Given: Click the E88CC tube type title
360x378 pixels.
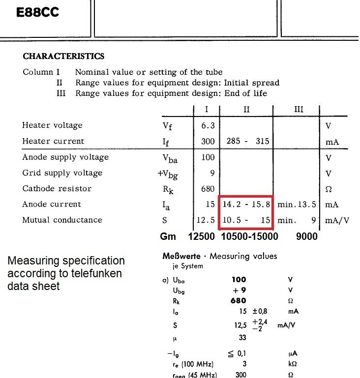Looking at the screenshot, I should (37, 12).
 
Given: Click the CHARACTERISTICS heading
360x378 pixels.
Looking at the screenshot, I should (63, 57).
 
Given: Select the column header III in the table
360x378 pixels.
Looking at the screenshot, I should (299, 109).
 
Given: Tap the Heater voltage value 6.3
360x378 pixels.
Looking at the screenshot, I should (208, 125).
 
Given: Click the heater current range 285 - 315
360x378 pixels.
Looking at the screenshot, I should (248, 141).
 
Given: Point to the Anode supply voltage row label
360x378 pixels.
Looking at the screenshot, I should (65, 157).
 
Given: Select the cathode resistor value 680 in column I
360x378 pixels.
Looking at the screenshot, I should (208, 189).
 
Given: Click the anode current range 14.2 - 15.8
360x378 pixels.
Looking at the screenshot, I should (246, 204).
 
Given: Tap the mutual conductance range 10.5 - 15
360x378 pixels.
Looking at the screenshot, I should (246, 220).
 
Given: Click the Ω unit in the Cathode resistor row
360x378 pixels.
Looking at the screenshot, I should (329, 189).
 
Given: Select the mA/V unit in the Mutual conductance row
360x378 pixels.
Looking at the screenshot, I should (337, 220).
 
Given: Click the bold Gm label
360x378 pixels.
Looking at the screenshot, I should (168, 236).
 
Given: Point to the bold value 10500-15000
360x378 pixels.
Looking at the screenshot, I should (249, 236).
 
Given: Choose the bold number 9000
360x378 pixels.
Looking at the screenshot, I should (306, 236).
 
